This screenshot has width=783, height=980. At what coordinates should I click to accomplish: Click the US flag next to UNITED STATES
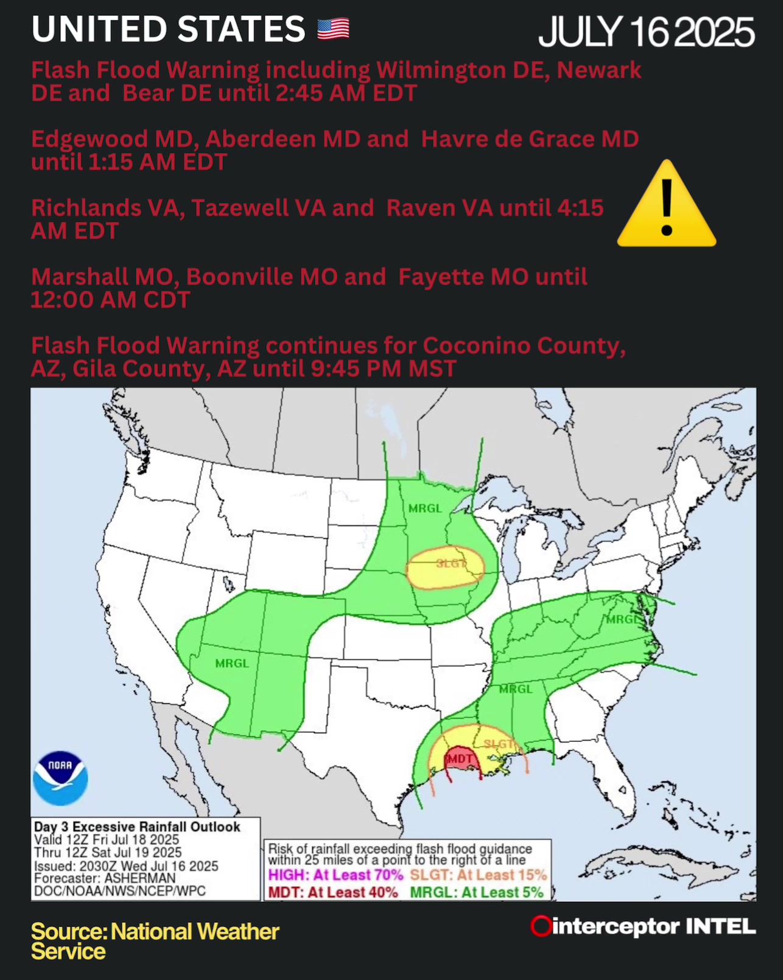333,29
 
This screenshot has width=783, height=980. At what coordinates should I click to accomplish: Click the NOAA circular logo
60,778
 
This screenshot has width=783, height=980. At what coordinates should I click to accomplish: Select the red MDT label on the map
460,759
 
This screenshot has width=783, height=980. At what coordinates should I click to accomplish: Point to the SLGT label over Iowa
451,564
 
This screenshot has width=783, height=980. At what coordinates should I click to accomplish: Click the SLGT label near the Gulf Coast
499,744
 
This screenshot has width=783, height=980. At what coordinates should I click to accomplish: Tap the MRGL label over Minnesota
425,508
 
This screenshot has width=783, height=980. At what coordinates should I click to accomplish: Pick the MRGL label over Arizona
232,663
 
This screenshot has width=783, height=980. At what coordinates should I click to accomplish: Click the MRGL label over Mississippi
516,689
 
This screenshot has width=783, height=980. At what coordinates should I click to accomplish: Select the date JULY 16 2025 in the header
646,32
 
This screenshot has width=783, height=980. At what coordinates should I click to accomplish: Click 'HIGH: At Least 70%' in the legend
335,875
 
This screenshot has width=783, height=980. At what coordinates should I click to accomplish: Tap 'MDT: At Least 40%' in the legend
333,892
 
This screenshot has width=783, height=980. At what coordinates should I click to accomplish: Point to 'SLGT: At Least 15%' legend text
478,875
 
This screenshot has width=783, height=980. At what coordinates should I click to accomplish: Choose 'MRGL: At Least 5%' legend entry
476,892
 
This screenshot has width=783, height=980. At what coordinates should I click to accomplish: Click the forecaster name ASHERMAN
139,878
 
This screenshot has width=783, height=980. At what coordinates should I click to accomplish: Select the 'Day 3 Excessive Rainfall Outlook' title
137,827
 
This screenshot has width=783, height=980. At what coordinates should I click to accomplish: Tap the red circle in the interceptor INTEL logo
540,926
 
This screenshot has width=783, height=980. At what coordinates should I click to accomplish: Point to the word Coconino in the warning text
468,346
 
